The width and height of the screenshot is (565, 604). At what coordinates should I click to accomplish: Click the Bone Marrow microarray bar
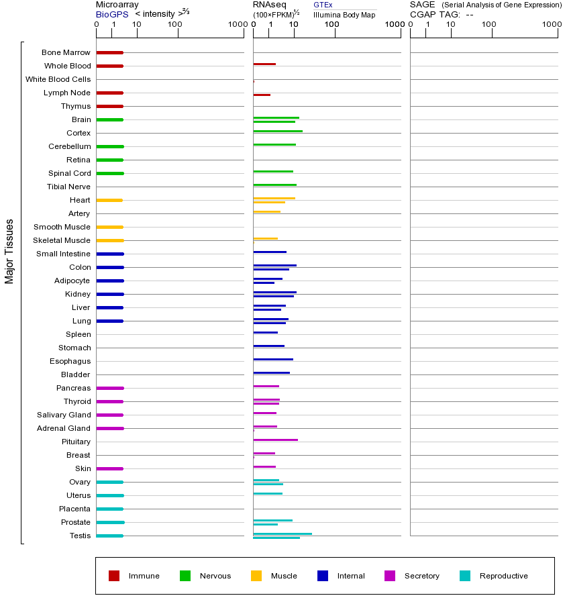pyautogui.click(x=109, y=52)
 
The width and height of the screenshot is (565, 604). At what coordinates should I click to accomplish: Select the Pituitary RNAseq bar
pyautogui.click(x=275, y=440)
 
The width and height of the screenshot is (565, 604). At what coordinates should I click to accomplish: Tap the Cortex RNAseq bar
pyautogui.click(x=278, y=131)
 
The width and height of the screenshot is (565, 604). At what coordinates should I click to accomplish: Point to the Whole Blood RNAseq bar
pyautogui.click(x=264, y=64)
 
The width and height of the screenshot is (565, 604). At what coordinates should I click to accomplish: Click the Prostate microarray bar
pyautogui.click(x=110, y=522)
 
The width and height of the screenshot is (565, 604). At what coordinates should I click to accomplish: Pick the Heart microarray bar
pyautogui.click(x=109, y=200)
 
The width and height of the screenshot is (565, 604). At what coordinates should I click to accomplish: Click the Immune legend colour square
pyautogui.click(x=114, y=576)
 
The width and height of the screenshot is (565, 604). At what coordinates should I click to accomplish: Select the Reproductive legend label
pyautogui.click(x=504, y=576)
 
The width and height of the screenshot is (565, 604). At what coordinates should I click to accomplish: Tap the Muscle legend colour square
pyautogui.click(x=256, y=576)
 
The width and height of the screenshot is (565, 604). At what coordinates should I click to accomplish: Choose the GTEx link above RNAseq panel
pyautogui.click(x=323, y=5)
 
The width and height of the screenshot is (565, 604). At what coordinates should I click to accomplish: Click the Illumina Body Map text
pyautogui.click(x=344, y=14)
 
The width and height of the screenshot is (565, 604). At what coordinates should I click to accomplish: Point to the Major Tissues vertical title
pyautogui.click(x=9, y=251)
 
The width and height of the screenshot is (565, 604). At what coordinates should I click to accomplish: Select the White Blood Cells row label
pyautogui.click(x=58, y=79)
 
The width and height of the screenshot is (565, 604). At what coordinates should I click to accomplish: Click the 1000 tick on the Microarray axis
pyautogui.click(x=236, y=25)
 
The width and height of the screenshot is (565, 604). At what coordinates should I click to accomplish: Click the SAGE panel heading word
pyautogui.click(x=422, y=5)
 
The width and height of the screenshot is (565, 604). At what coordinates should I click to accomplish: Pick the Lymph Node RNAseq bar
pyautogui.click(x=262, y=95)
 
